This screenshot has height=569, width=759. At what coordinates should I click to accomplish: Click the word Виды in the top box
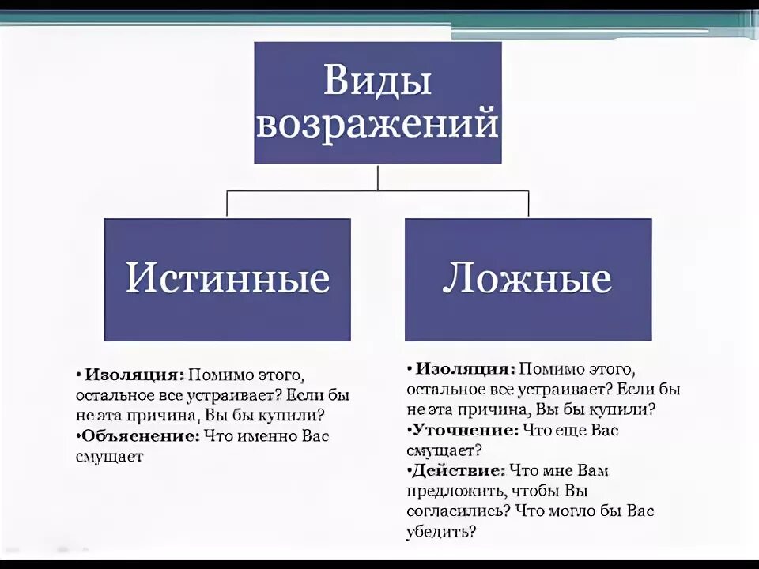point(378,81)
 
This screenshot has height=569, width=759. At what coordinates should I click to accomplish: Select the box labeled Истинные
point(228,279)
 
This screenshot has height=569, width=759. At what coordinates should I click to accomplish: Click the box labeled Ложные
point(528,279)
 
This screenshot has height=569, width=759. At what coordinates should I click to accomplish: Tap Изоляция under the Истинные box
point(134,374)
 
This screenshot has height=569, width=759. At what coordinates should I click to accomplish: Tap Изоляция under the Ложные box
point(466,369)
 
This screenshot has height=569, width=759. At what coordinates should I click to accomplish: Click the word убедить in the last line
point(440,532)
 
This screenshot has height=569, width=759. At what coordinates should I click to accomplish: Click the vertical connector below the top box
point(378,177)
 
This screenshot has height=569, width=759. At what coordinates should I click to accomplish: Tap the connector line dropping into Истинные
point(228,204)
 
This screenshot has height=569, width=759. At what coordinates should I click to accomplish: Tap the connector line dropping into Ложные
point(528,204)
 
